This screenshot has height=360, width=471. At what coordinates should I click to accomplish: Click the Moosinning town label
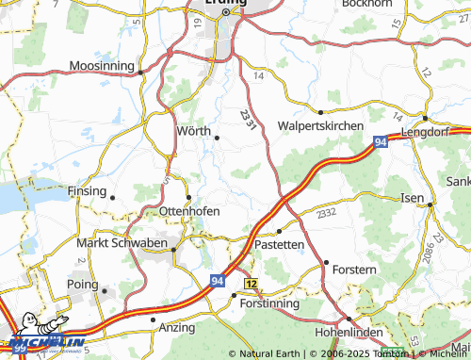point(103,66)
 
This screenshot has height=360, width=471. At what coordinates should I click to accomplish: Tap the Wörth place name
point(193,131)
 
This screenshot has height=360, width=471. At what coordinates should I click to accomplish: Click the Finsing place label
point(87,190)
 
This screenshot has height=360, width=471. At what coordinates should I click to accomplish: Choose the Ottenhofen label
point(189,211)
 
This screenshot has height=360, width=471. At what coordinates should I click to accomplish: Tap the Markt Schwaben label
point(123,243)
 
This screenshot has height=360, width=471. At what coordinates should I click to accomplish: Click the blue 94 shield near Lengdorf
point(380,142)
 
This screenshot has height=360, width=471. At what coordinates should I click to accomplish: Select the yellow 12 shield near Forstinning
point(251,283)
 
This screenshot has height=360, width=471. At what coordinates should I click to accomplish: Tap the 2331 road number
point(247,119)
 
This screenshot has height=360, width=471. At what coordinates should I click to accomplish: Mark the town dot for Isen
point(429,204)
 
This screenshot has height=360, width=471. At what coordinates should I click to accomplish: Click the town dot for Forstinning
point(234,295)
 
